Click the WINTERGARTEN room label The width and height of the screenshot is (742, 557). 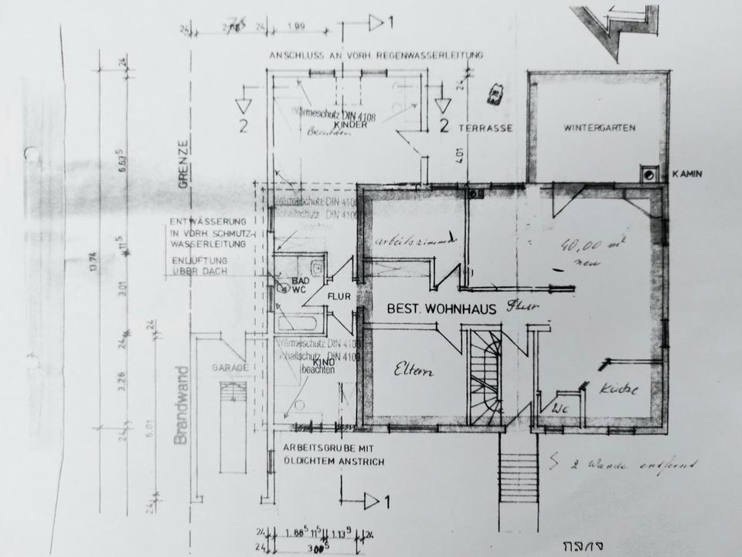(599, 128)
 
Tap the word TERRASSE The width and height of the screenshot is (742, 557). (485, 128)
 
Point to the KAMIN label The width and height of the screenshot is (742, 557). (687, 174)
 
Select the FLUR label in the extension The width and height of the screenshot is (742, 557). (339, 296)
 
